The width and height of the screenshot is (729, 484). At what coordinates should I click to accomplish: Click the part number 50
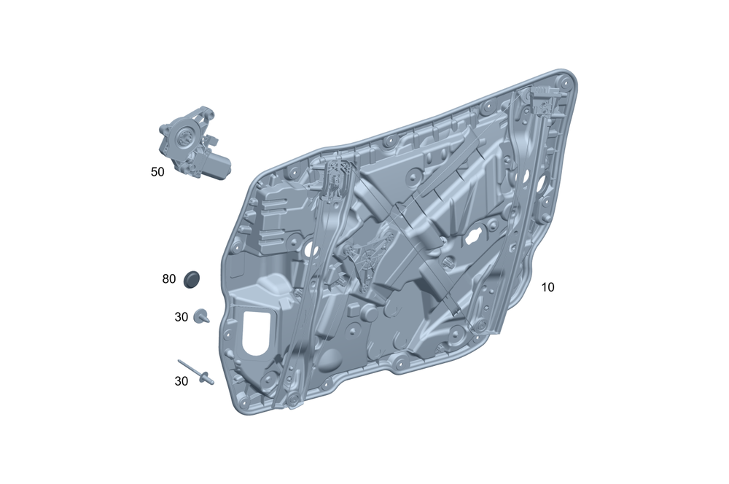[x=157, y=172]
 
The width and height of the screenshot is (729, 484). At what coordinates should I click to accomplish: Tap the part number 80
[x=169, y=279]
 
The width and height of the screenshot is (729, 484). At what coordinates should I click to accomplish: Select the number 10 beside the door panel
[x=547, y=287]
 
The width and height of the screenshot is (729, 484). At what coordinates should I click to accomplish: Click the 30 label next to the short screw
[x=182, y=317]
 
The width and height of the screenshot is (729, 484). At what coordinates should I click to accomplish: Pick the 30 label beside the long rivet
[x=182, y=381]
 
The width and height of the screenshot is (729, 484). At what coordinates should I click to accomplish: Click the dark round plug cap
[x=191, y=279]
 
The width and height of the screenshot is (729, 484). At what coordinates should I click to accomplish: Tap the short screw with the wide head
[x=201, y=316]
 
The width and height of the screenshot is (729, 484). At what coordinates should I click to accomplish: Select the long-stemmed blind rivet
[x=195, y=372]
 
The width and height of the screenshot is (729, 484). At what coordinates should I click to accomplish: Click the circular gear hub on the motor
[x=183, y=136]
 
